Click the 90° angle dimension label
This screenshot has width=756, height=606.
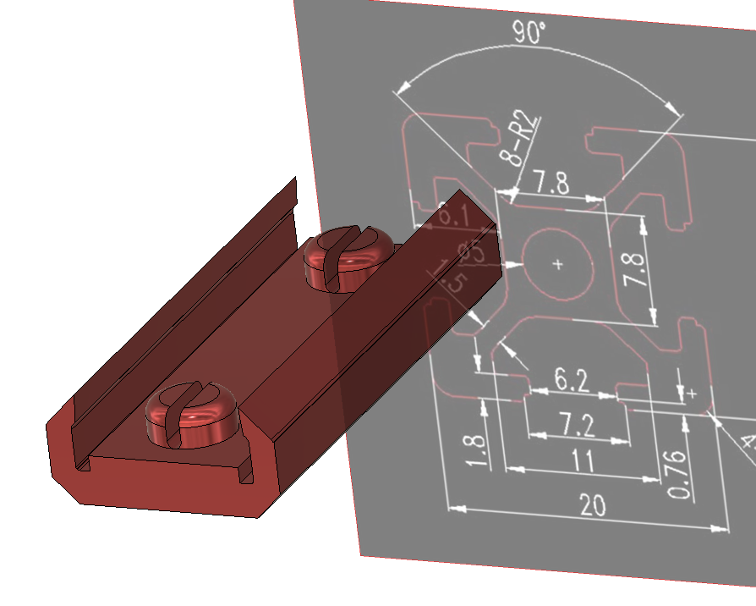tap(529, 32)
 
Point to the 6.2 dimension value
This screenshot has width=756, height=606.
tap(572, 380)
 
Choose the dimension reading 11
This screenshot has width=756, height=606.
tap(581, 462)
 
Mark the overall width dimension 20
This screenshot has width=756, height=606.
tap(592, 505)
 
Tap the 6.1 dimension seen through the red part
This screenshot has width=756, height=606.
tap(453, 213)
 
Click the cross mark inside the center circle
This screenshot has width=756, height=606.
tap(557, 264)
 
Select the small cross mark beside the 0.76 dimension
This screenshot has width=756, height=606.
tap(693, 394)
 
